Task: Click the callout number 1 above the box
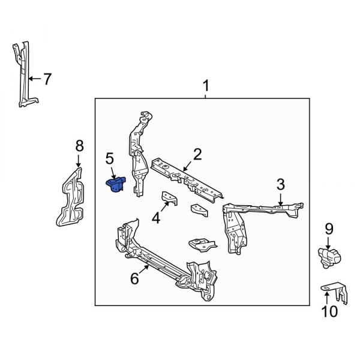[x=206, y=86]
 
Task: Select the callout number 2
[x=196, y=156]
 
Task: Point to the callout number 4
[x=157, y=218]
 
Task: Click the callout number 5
[x=109, y=158]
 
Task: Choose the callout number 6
[x=134, y=278]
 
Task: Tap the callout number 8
[x=79, y=145]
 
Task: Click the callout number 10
[x=330, y=311]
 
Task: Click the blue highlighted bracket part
[x=116, y=185]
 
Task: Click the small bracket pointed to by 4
[x=168, y=199]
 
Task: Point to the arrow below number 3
[x=280, y=198]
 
